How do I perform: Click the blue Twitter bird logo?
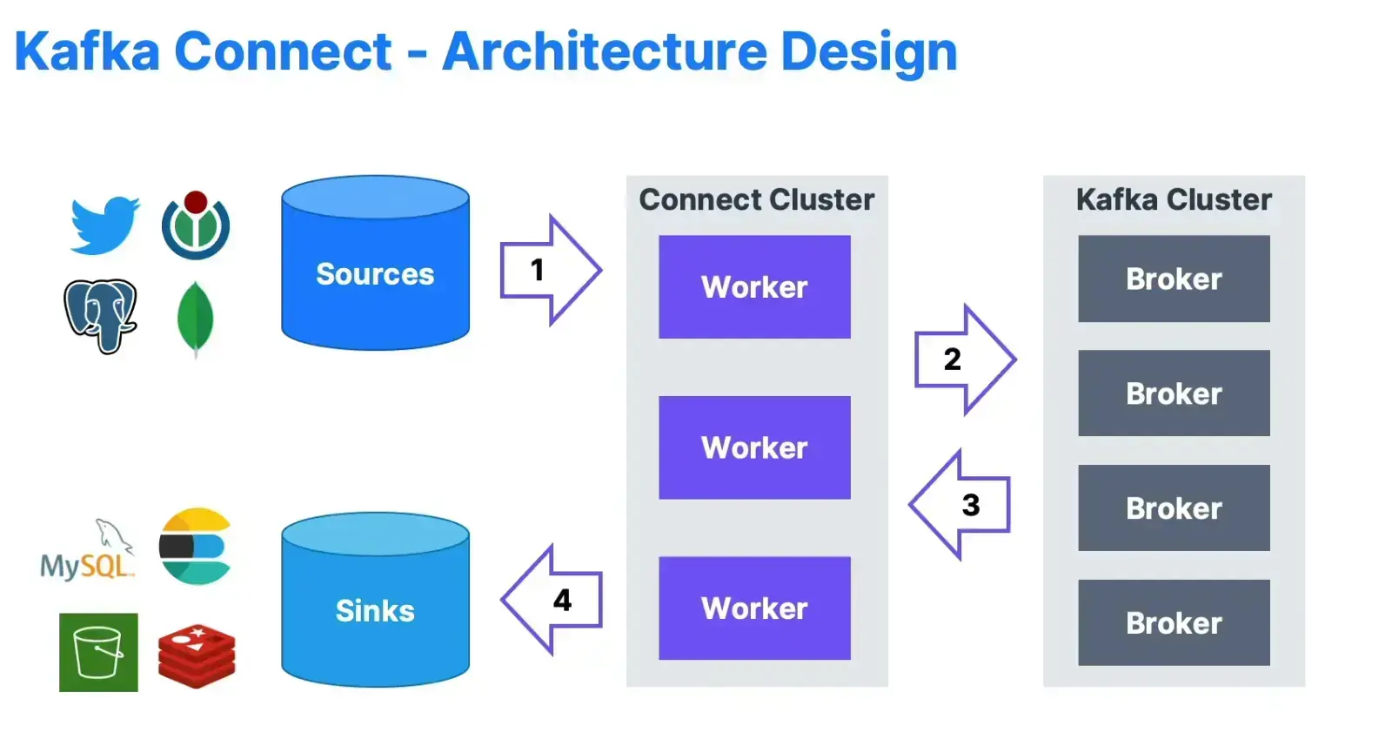[x=104, y=225]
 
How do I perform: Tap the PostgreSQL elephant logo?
[x=100, y=314]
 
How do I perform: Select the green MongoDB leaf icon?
[x=196, y=318]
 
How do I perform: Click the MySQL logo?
[x=87, y=553]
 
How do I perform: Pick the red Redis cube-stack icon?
[x=197, y=656]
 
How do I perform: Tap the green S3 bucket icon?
[x=98, y=652]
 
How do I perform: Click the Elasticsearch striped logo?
[x=196, y=546]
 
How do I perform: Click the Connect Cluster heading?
[x=756, y=199]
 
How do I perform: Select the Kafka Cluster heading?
[x=1174, y=199]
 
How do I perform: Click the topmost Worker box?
[x=754, y=286]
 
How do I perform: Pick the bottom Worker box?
[x=754, y=608]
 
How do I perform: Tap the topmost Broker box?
[x=1174, y=279]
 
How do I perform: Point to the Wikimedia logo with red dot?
[x=196, y=225]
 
